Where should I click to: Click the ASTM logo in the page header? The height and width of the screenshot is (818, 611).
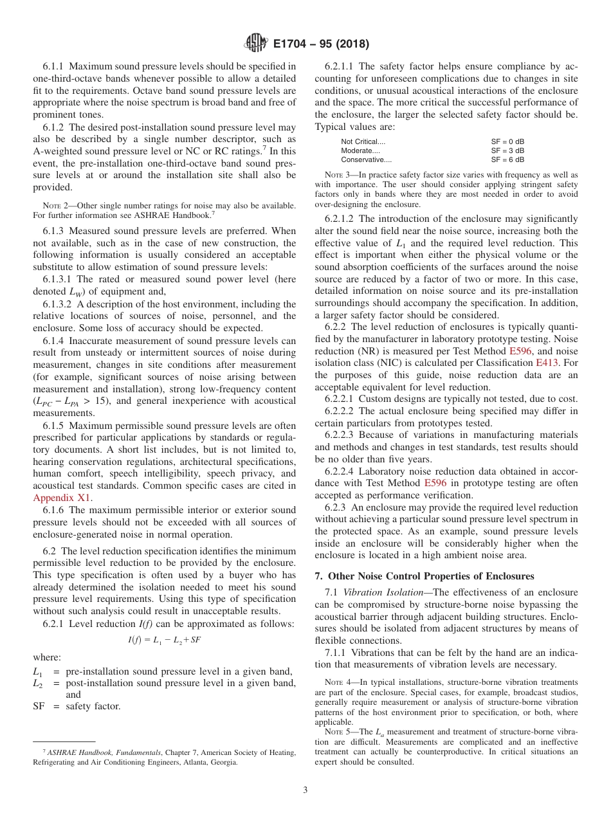coord(256,44)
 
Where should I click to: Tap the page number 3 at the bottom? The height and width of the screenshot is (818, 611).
coord(305,790)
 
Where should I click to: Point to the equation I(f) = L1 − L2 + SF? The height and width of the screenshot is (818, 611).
coord(165,640)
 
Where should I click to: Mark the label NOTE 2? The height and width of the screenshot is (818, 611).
coord(55,205)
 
